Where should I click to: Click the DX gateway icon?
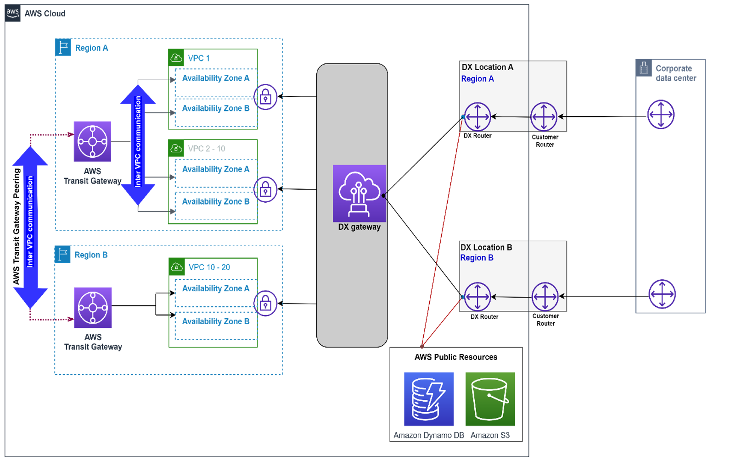(359, 193)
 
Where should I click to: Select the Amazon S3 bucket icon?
(490, 399)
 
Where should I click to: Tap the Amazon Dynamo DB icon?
(428, 399)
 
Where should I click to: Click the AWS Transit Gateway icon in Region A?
(92, 141)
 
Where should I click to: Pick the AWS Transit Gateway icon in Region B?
(93, 307)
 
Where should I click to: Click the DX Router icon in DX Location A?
(477, 116)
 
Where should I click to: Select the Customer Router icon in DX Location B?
(545, 297)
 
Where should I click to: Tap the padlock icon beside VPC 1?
(265, 97)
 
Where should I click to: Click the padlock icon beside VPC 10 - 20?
(265, 303)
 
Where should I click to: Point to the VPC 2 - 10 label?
(207, 149)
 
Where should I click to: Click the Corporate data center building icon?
(644, 68)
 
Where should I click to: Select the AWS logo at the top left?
(13, 13)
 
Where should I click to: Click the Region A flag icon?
(63, 47)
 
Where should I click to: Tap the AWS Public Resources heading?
(455, 357)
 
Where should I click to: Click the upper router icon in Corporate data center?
(661, 114)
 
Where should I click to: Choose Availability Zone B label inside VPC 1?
(215, 108)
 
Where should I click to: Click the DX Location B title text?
(486, 247)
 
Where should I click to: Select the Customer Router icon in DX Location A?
(544, 116)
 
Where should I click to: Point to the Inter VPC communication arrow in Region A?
(138, 144)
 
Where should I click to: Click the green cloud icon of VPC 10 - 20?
(176, 266)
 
